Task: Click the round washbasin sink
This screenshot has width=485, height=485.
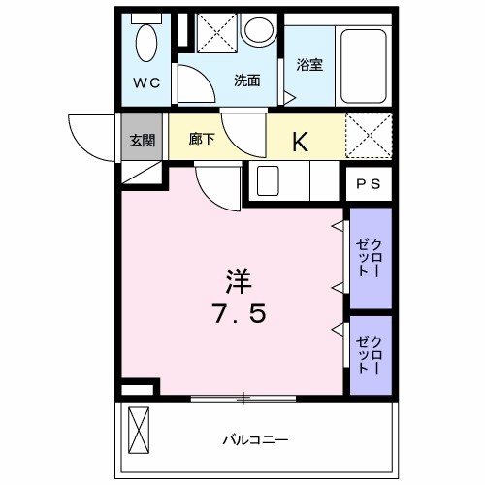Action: (259, 30)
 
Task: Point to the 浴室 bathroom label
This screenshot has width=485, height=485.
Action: (309, 65)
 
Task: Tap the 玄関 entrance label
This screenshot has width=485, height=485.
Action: (142, 141)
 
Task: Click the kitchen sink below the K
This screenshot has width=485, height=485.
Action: (269, 179)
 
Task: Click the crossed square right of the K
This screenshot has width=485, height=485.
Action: (369, 135)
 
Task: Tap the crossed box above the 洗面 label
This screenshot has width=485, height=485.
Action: (215, 33)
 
